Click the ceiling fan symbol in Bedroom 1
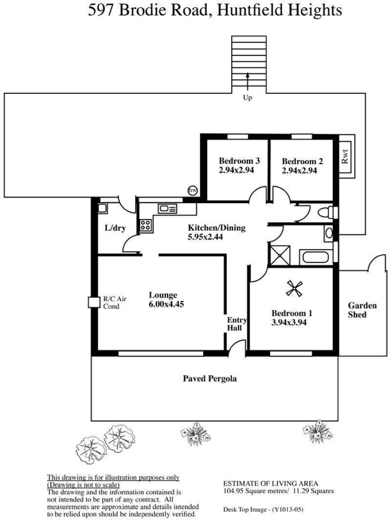click(x=294, y=288)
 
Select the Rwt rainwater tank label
click(x=345, y=156)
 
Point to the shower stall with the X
click(x=280, y=255)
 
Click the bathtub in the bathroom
click(x=314, y=258)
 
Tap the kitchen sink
click(x=168, y=209)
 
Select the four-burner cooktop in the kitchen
click(x=145, y=225)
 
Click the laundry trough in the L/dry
click(x=102, y=208)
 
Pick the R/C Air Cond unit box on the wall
click(x=94, y=302)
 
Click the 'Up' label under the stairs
click(x=247, y=98)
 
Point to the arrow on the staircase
click(x=247, y=81)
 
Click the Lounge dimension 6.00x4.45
click(x=167, y=304)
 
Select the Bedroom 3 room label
click(x=239, y=161)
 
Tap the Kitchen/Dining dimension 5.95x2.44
click(x=205, y=237)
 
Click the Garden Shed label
click(x=362, y=310)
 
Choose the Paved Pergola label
click(x=210, y=379)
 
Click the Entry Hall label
click(x=237, y=324)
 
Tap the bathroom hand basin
click(x=328, y=233)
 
